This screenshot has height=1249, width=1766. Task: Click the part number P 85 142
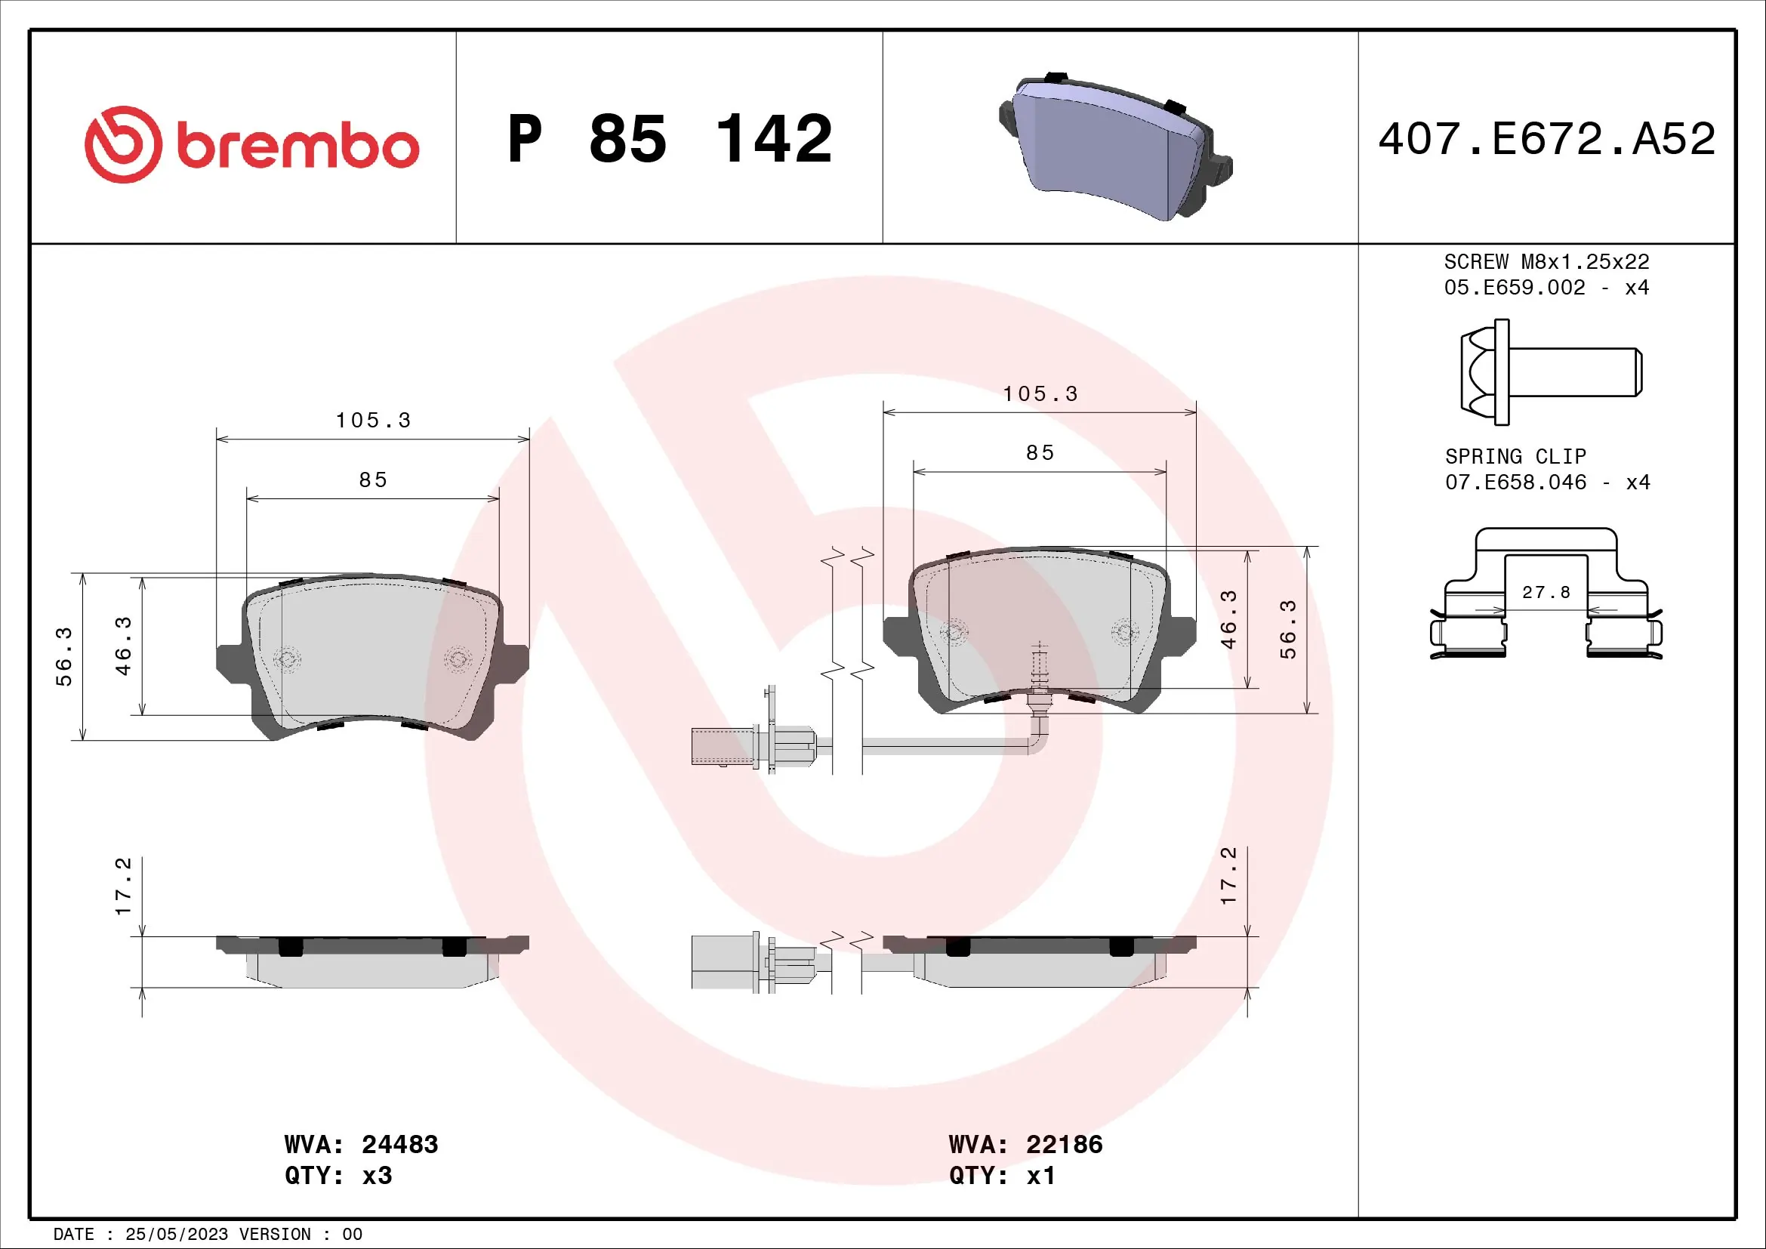tap(669, 139)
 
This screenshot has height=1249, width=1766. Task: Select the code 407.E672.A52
tap(1546, 139)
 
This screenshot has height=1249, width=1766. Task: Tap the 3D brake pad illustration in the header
tap(1115, 146)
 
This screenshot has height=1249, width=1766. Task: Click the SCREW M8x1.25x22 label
tap(1546, 261)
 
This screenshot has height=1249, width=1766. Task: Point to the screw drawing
tap(1550, 372)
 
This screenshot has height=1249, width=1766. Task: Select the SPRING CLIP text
tap(1515, 456)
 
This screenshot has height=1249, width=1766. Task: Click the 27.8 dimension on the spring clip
tap(1546, 592)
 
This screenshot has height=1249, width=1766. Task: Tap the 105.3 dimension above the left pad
tap(373, 421)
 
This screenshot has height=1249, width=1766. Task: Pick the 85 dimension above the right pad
tap(1040, 453)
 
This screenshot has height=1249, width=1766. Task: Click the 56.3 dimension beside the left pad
tap(63, 656)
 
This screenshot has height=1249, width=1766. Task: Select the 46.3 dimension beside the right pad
tap(1228, 619)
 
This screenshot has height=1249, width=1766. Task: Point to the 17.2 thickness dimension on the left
tap(123, 886)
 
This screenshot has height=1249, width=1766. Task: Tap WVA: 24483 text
tap(361, 1144)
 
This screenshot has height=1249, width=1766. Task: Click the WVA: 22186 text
tap(1025, 1144)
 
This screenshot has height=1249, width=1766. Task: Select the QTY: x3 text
tap(338, 1176)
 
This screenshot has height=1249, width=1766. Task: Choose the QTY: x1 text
tap(1001, 1176)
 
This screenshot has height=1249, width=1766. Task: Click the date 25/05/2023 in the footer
tap(176, 1235)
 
